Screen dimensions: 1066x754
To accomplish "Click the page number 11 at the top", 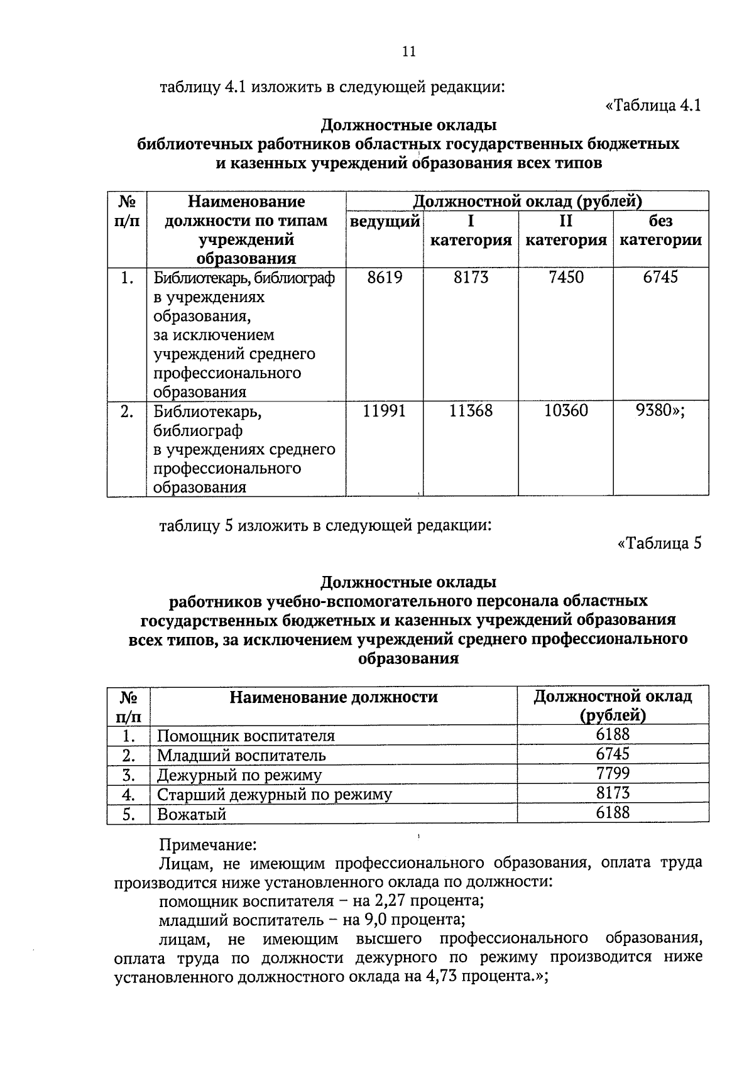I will tap(408, 52).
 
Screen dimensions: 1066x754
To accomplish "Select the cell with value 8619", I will tap(385, 278).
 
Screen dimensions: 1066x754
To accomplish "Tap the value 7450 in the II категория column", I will tap(565, 278).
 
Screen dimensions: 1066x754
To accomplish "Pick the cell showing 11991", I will tap(385, 411).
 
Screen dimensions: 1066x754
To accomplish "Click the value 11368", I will tap(471, 411).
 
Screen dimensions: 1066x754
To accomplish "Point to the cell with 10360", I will tap(565, 411).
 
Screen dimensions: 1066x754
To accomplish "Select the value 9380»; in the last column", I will tap(660, 411).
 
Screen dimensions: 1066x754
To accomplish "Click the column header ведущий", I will tap(385, 221).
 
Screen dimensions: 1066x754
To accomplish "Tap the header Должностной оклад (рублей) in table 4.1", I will tap(527, 202).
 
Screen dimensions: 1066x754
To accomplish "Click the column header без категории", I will tap(660, 231).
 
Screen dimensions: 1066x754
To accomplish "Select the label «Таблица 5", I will tap(659, 543).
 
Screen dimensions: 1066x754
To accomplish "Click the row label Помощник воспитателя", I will tap(246, 736).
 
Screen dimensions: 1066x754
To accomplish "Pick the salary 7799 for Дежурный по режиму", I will tap(613, 773).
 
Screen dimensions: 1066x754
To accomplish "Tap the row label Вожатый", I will tap(192, 815).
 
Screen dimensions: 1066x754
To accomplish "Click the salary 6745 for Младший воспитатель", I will tap(613, 754).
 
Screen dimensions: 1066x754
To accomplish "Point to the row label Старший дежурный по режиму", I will tap(275, 795).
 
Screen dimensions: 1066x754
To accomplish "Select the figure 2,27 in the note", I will tap(390, 901).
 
